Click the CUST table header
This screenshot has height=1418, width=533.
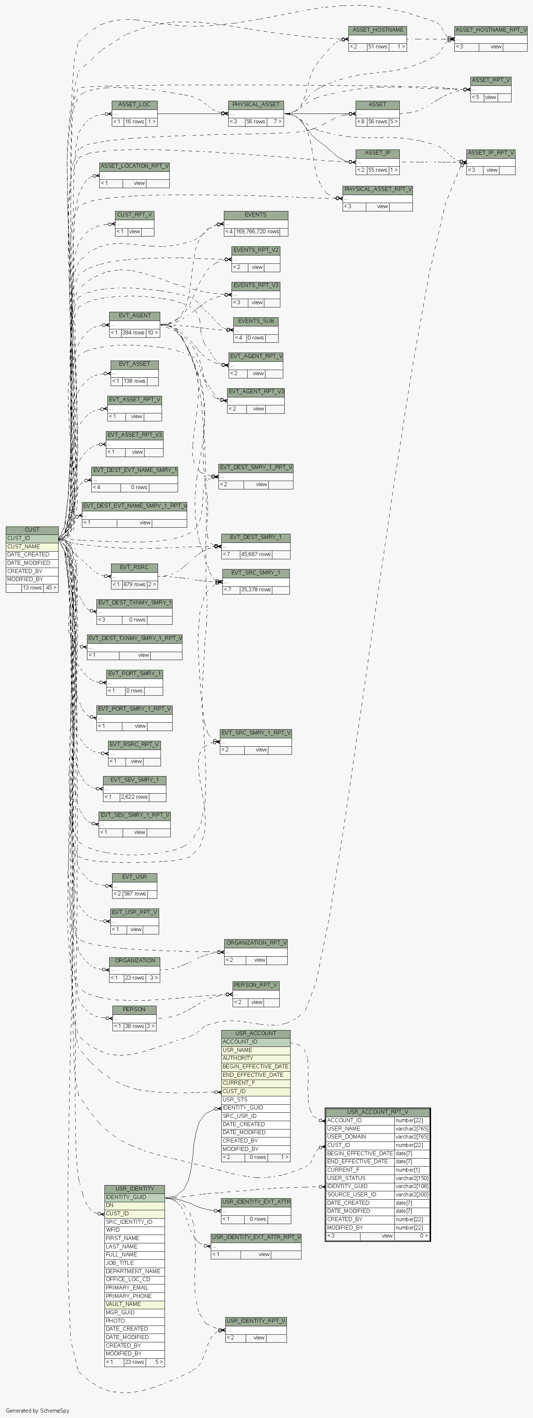pos(32,529)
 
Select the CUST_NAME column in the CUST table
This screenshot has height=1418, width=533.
pos(23,547)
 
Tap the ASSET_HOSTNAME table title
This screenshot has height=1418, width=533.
pos(377,30)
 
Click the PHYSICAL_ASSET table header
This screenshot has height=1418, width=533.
pos(256,104)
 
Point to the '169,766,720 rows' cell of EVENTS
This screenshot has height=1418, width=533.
pos(257,232)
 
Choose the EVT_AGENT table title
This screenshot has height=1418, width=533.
pos(134,316)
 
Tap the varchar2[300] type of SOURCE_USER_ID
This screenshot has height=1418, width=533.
pos(411,1195)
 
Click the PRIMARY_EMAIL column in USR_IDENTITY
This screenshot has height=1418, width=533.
pos(127,1287)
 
